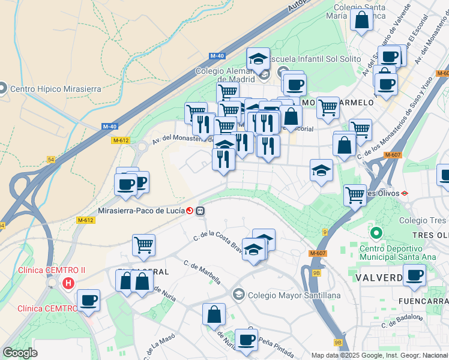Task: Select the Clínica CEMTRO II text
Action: pyautogui.click(x=52, y=270)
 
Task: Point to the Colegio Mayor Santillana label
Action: pyautogui.click(x=294, y=295)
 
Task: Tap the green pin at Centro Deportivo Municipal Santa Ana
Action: pyautogui.click(x=376, y=233)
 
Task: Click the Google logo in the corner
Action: pyautogui.click(x=20, y=352)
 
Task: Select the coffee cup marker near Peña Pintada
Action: pyautogui.click(x=246, y=340)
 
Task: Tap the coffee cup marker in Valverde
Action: pyautogui.click(x=414, y=275)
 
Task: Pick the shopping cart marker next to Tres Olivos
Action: pyautogui.click(x=355, y=194)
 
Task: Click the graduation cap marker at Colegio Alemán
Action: pyautogui.click(x=258, y=59)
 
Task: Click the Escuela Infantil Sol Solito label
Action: pyautogui.click(x=317, y=59)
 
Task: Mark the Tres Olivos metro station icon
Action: pyautogui.click(x=405, y=193)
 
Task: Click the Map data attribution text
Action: pyautogui.click(x=379, y=355)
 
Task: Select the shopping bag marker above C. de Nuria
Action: pyautogui.click(x=214, y=314)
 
